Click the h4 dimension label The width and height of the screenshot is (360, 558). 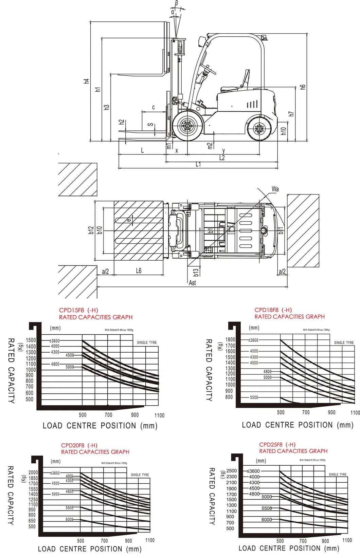pos(87,81)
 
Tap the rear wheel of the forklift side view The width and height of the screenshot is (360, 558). pos(259,129)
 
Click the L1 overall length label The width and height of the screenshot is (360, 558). pos(198,164)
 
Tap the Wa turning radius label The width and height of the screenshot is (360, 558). pos(275,189)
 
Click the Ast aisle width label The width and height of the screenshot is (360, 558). pos(192,283)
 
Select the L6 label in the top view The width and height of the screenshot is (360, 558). pos(139,271)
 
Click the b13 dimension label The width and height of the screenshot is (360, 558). pos(196,273)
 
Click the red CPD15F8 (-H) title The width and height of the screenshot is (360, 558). pos(78,310)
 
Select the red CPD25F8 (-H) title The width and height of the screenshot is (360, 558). pos(277,445)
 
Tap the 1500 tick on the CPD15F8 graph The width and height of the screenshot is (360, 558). pos(31,340)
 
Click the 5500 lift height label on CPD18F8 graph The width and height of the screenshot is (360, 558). pos(254,397)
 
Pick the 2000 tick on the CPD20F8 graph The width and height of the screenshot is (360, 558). pos(33,472)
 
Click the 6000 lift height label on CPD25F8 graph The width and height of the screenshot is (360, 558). pos(267,520)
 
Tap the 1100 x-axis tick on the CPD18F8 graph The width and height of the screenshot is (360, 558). pos(355,413)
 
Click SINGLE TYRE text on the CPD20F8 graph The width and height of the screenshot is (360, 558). pos(140,475)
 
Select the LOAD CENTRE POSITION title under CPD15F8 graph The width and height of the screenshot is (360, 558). pos(100,426)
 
